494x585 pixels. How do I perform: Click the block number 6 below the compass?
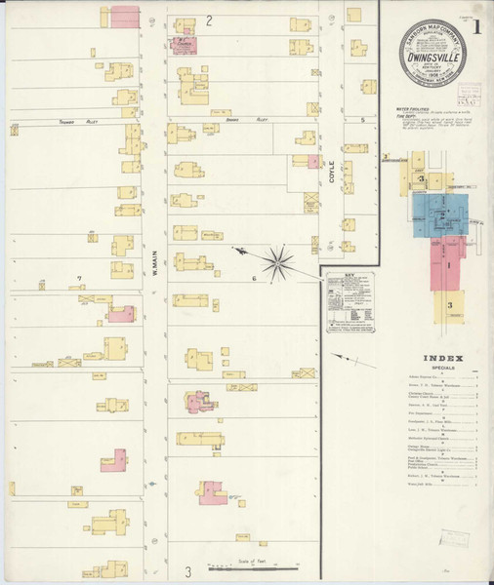pos(253,278)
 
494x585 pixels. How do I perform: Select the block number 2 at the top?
pos(209,20)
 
